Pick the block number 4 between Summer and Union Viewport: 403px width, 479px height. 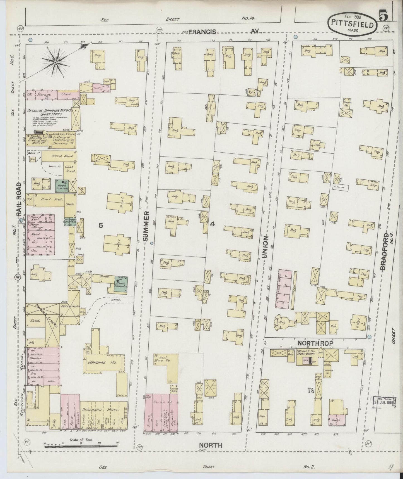213,224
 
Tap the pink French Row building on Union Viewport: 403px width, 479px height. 285,289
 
